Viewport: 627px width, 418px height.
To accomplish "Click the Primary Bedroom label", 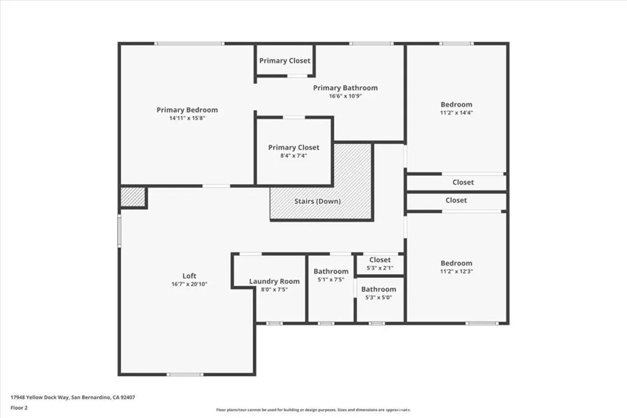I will (x=187, y=110).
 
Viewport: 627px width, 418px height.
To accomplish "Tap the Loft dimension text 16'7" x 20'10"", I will (x=189, y=284).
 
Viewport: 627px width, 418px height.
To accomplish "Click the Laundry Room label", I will (x=274, y=282).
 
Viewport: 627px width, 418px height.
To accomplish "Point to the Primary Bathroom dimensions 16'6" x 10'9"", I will (x=345, y=96).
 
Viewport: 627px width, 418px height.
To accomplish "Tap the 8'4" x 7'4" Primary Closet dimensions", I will (x=293, y=155).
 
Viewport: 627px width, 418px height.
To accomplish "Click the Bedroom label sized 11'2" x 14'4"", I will (x=456, y=105).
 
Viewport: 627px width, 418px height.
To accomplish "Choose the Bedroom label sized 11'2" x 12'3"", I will (x=456, y=263).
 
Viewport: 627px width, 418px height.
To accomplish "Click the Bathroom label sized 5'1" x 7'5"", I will (x=331, y=271).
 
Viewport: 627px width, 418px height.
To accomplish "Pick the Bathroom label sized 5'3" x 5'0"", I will (x=378, y=289).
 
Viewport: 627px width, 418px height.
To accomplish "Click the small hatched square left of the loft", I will (x=132, y=197).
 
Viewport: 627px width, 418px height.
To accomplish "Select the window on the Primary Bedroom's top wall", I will (x=189, y=43).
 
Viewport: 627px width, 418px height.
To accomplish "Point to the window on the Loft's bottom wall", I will (x=185, y=374).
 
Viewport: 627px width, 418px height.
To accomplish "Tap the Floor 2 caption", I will (x=19, y=407).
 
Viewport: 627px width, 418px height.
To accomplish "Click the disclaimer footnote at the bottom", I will (x=313, y=410).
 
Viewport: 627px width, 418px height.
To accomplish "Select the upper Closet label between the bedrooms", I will (x=463, y=182).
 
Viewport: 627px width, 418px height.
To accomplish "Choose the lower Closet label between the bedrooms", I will (x=456, y=200).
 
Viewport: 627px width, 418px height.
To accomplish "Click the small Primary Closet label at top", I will (x=285, y=61).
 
